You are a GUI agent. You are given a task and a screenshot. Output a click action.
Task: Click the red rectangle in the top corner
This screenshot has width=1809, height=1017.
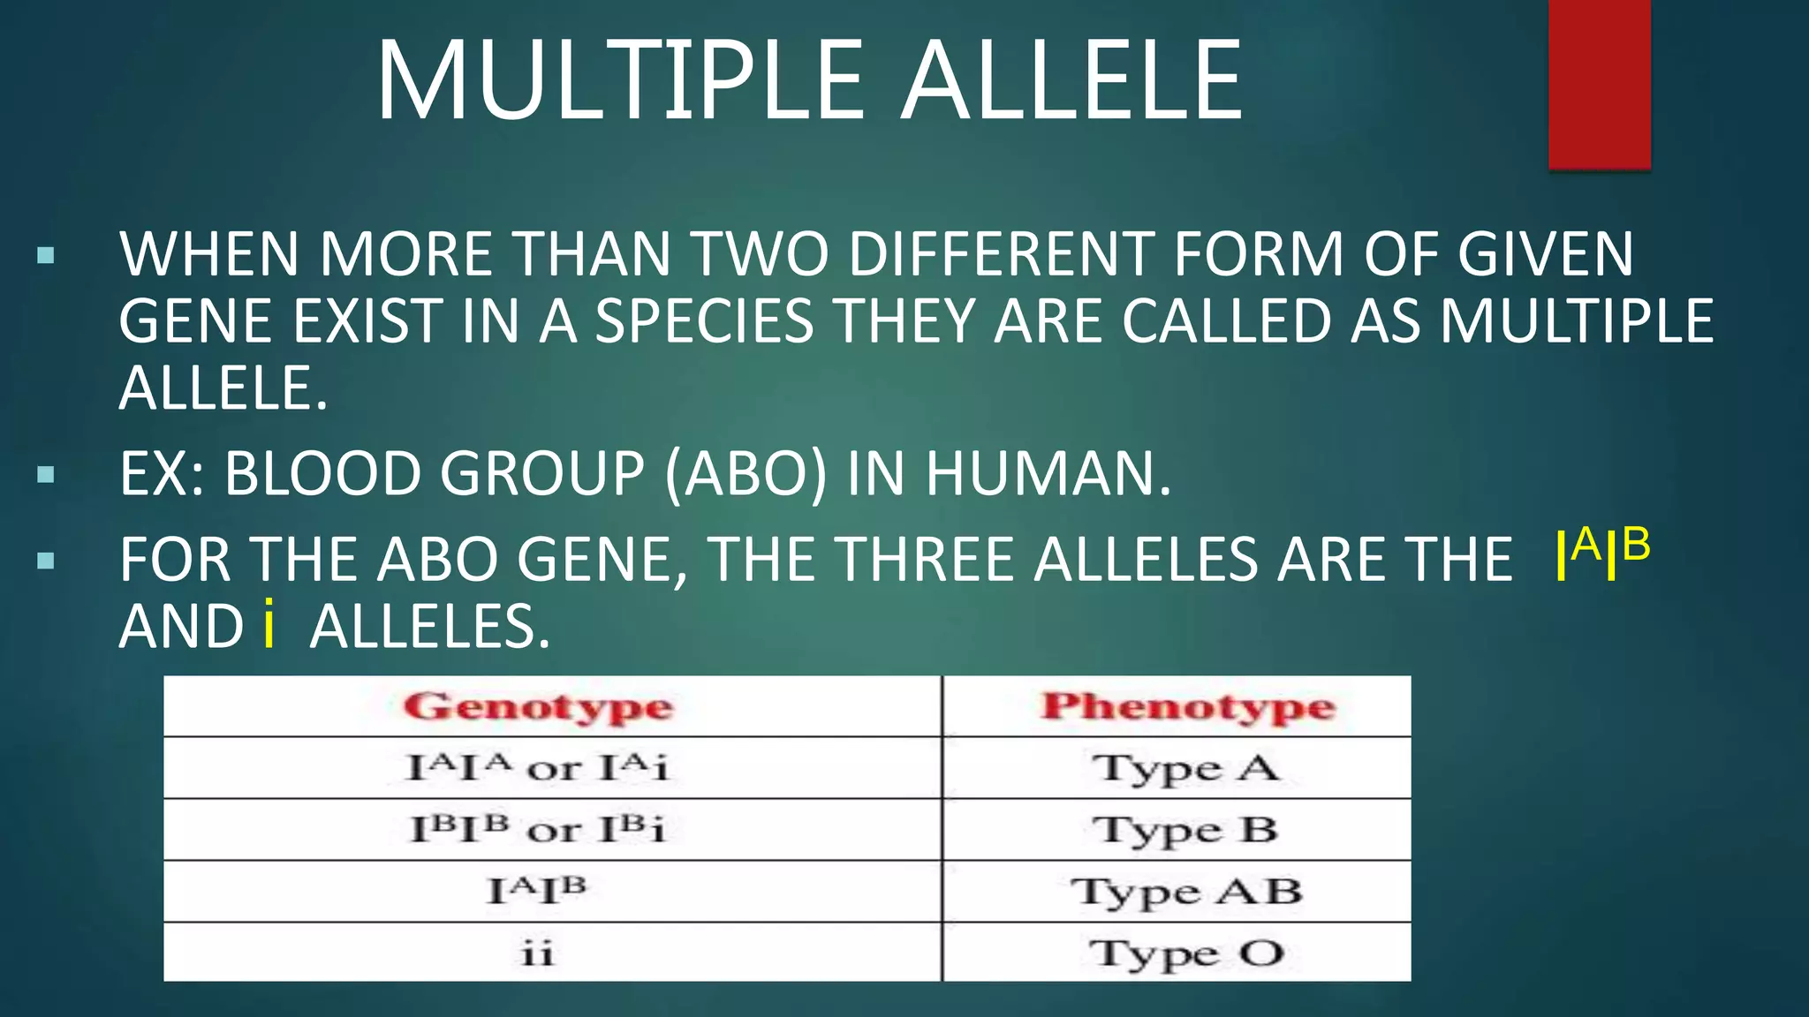click(x=1599, y=84)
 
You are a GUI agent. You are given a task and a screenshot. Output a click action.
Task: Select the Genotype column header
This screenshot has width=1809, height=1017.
click(x=538, y=707)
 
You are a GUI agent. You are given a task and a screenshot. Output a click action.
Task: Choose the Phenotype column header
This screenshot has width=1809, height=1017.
click(x=1187, y=707)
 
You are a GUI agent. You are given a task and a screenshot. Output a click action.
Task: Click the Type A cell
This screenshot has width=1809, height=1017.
click(x=1185, y=768)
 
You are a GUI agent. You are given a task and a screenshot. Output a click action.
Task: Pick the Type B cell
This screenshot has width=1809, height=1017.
click(x=1185, y=830)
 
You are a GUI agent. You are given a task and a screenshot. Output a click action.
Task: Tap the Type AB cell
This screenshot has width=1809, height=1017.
click(x=1185, y=892)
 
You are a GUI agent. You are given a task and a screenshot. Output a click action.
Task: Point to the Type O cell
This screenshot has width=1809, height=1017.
click(x=1185, y=953)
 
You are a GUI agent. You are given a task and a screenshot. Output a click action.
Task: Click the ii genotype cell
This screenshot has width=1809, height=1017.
click(x=537, y=953)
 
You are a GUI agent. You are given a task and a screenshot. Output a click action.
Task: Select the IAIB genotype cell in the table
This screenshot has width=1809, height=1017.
click(x=537, y=890)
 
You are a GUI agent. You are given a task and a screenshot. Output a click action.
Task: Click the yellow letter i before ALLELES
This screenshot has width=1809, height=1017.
click(x=269, y=626)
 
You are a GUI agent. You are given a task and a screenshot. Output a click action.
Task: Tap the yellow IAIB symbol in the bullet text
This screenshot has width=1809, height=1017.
click(x=1601, y=554)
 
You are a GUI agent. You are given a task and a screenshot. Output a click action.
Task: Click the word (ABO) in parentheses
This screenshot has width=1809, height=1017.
click(x=746, y=474)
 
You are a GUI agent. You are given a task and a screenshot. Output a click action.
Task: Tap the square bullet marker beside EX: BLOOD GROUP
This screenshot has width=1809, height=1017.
click(x=46, y=476)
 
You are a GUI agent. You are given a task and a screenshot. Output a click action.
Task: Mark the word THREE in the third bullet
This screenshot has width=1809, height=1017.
click(x=931, y=560)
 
